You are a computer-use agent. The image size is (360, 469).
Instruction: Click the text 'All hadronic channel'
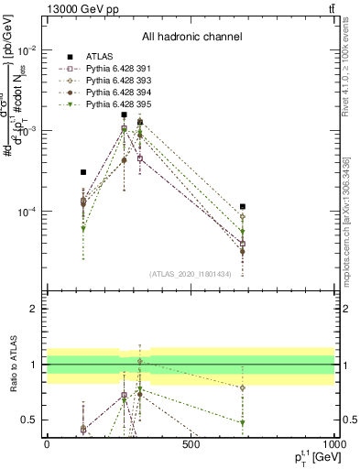(x=191, y=38)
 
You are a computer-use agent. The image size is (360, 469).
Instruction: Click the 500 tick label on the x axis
(x=191, y=444)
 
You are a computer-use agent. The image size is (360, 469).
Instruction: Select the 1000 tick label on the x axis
(x=332, y=444)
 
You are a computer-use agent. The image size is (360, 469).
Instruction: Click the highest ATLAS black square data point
(x=124, y=115)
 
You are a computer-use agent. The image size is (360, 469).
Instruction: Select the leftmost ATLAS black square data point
(x=83, y=172)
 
